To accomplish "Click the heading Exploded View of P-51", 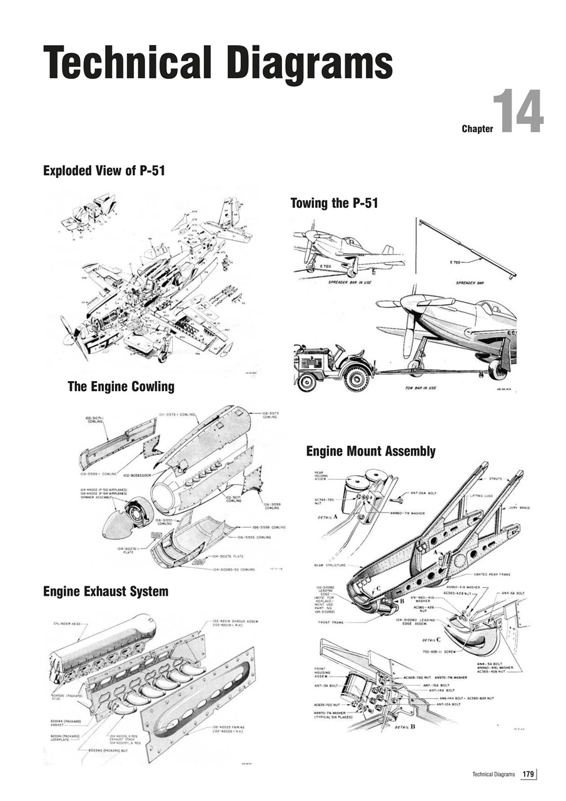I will click(104, 170).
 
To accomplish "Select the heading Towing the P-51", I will click(334, 203).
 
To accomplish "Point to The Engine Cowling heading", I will click(121, 387).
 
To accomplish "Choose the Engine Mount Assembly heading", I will click(370, 451).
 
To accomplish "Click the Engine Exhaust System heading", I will click(105, 591).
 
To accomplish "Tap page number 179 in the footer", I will click(528, 775).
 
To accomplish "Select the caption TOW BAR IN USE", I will click(420, 388).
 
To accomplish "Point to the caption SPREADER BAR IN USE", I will click(356, 282).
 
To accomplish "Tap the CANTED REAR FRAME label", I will click(492, 574).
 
